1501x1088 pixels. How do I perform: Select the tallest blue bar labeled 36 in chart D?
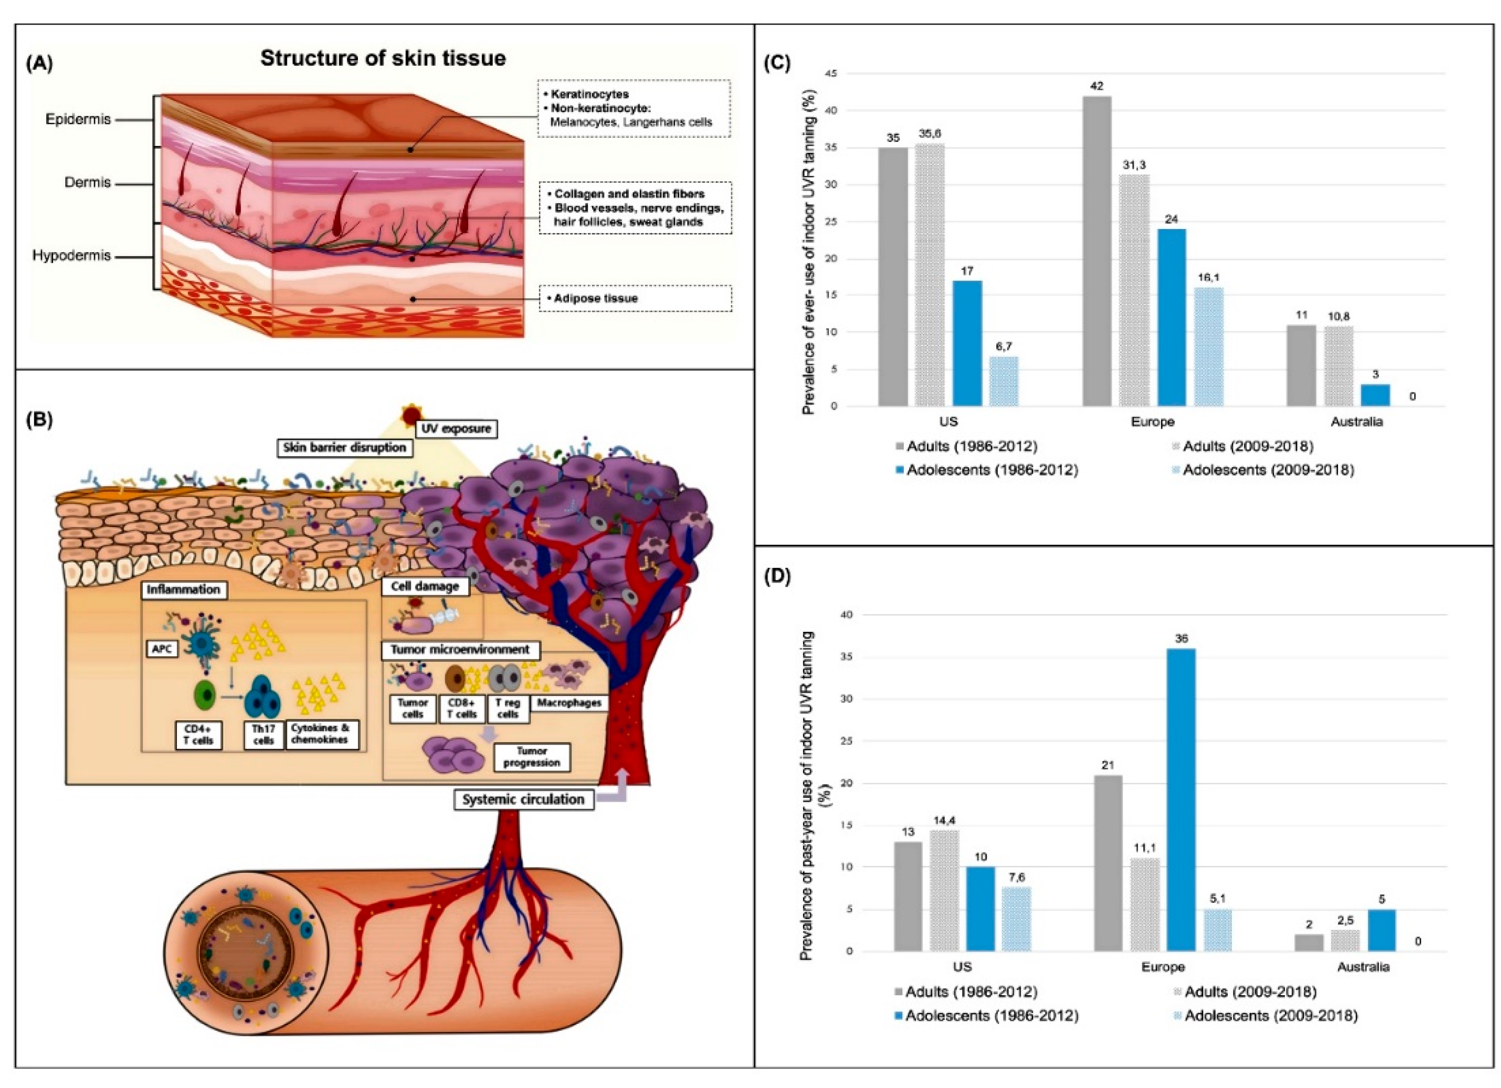(1181, 800)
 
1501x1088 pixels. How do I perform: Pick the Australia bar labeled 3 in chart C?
(1375, 395)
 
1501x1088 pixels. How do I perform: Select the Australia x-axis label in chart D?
(1363, 966)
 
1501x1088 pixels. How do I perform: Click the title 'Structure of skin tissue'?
(383, 58)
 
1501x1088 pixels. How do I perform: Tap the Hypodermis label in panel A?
(72, 255)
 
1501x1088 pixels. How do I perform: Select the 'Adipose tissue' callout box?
(635, 298)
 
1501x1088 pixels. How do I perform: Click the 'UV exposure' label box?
(457, 428)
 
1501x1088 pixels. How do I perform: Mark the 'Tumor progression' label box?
(531, 757)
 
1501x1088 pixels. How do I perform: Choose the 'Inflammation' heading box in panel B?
(183, 589)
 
